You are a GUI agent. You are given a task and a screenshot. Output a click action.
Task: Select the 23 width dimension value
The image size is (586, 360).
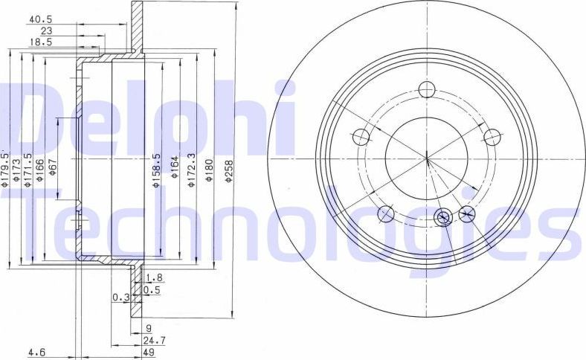46,31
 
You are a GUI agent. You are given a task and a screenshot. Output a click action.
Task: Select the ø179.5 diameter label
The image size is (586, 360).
4,167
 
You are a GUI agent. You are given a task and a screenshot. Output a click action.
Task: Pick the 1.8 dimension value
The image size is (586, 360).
153,278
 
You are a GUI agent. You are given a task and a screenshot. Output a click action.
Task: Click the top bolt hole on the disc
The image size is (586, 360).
426,89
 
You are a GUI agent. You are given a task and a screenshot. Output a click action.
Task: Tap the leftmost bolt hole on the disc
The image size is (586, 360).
361,136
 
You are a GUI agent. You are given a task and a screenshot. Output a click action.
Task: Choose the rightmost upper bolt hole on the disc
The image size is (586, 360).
492,136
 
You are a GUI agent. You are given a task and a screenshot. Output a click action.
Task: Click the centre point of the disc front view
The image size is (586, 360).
426,158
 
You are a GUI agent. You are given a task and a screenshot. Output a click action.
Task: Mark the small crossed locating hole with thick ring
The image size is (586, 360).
442,217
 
